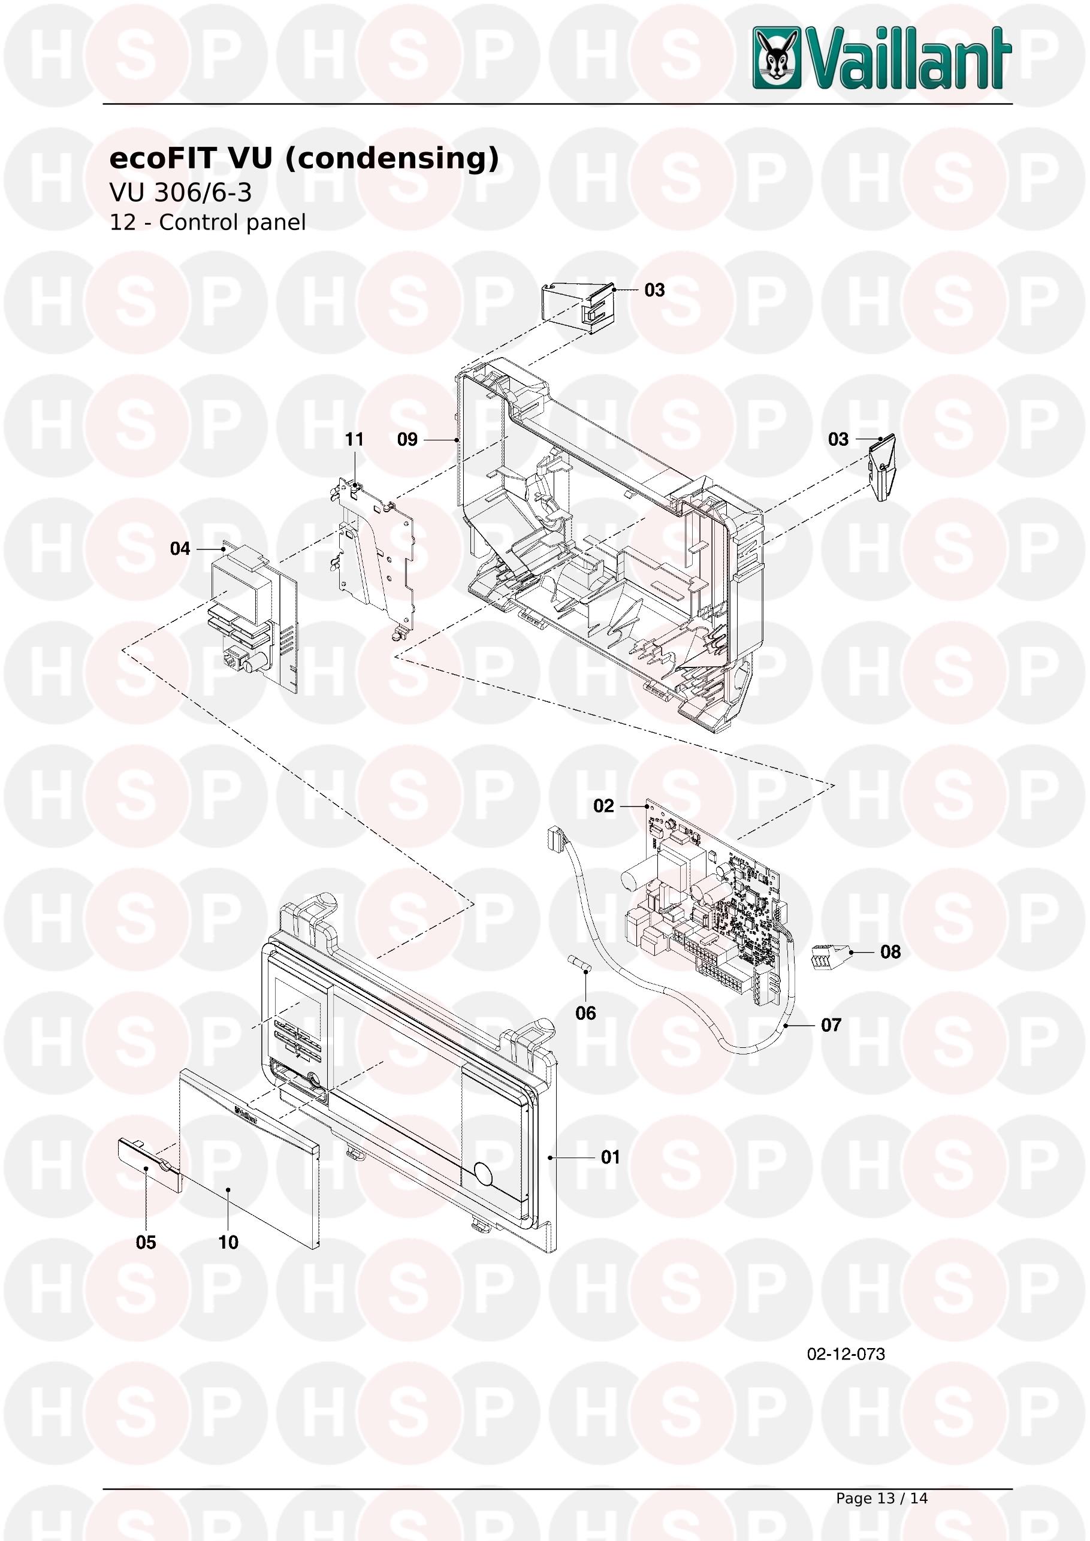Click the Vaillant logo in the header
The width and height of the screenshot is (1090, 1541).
[881, 58]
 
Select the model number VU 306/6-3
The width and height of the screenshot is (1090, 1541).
[180, 193]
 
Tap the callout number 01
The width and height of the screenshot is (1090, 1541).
[610, 1156]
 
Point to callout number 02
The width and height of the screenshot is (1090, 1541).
[603, 805]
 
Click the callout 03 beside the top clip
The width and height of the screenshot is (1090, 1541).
[654, 289]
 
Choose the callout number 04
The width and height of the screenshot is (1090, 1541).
[180, 548]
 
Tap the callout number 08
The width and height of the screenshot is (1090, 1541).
[890, 951]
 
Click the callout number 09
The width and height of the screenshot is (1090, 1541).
[407, 439]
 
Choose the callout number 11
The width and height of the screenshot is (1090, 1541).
[354, 439]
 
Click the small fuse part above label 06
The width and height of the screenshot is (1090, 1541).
[580, 963]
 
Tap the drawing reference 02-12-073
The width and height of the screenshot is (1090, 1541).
[846, 1353]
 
